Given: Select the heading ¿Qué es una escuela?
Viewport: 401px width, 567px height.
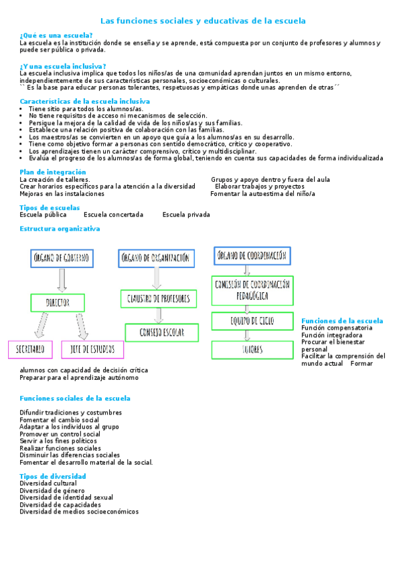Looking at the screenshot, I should (x=56, y=35).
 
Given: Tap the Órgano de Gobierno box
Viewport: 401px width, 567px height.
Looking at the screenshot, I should (x=62, y=258).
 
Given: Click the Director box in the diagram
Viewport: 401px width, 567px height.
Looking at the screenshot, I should (x=58, y=302).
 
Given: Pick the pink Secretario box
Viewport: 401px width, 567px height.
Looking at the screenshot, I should (x=31, y=349).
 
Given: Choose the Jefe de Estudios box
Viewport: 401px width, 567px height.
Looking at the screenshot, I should (x=93, y=349).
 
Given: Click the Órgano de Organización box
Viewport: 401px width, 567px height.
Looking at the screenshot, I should (x=157, y=257).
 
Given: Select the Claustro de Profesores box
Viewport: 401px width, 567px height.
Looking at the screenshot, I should (x=158, y=298).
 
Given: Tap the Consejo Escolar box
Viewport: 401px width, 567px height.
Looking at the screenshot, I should (x=161, y=332).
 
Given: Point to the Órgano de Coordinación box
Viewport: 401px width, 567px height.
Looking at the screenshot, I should (x=252, y=255).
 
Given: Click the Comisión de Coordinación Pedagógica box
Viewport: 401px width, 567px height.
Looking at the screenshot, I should (x=252, y=290).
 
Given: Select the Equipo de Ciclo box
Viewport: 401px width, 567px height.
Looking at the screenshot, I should (x=252, y=321).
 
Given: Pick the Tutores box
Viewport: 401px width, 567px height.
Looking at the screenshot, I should (x=252, y=349).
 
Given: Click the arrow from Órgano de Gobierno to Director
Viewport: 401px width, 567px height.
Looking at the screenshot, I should (x=62, y=281).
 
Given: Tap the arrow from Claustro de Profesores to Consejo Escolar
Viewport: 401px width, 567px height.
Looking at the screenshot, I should (x=159, y=316).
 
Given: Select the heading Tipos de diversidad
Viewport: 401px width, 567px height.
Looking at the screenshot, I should (x=53, y=476).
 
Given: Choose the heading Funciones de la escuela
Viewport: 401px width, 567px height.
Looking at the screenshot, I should (x=342, y=321).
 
